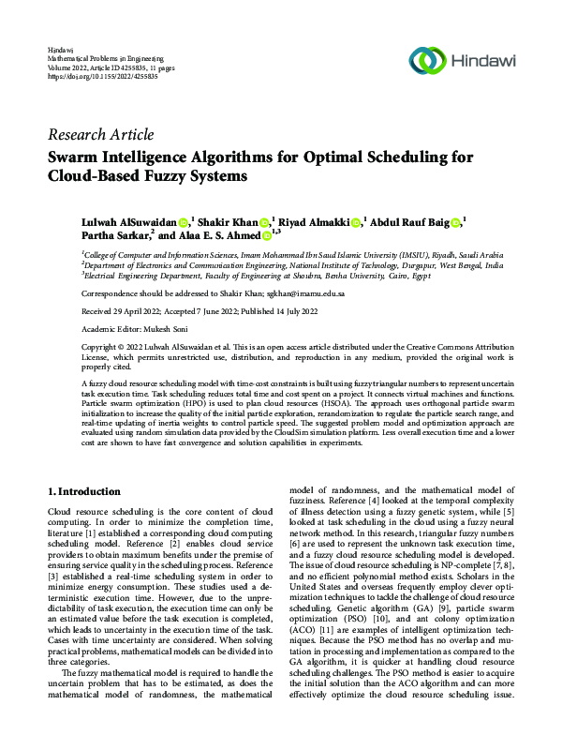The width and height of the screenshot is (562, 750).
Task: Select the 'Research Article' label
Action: click(100, 135)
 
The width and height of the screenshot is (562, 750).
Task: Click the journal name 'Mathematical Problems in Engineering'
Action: click(103, 57)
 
